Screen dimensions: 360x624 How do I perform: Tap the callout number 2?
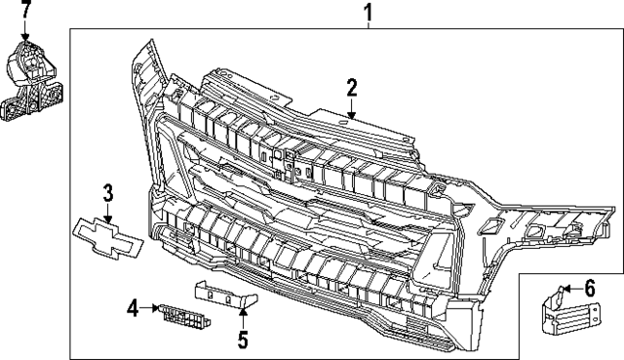pos(352,89)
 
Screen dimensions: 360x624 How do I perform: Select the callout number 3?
pos(108,192)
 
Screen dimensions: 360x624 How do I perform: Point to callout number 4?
pos(133,309)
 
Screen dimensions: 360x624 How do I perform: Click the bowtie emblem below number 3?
pos(108,240)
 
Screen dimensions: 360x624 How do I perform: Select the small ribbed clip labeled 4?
pos(182,316)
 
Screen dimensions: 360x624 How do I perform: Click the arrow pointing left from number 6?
pos(569,288)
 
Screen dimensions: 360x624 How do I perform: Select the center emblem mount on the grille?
pos(282,166)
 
